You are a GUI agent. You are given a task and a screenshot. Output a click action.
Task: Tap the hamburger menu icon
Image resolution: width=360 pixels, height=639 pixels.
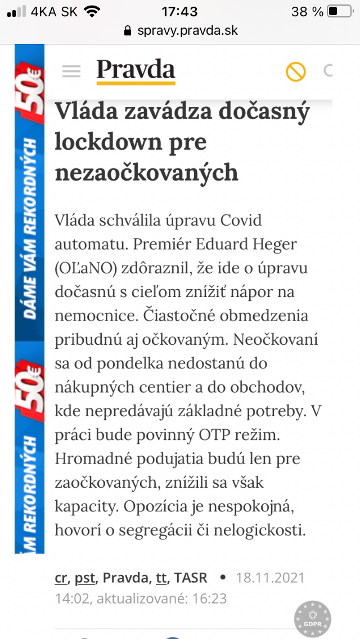pyautogui.click(x=71, y=71)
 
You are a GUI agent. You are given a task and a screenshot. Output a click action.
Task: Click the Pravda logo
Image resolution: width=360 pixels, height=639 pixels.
pyautogui.click(x=136, y=70)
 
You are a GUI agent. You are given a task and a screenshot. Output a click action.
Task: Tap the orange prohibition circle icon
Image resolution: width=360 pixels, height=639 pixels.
pyautogui.click(x=295, y=71)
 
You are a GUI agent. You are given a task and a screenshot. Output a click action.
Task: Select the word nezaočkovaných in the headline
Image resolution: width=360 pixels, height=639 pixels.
pyautogui.click(x=147, y=172)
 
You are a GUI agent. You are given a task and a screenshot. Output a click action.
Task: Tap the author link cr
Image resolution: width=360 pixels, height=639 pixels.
pyautogui.click(x=61, y=577)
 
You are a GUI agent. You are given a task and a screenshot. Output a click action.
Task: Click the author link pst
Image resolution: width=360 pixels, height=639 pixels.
pyautogui.click(x=85, y=577)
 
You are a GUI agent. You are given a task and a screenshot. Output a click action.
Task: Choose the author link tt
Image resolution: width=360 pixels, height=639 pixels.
pyautogui.click(x=161, y=577)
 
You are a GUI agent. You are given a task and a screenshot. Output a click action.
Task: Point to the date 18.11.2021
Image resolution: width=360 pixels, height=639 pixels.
pyautogui.click(x=270, y=577)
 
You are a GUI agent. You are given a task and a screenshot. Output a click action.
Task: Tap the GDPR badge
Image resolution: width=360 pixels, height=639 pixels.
pyautogui.click(x=313, y=619)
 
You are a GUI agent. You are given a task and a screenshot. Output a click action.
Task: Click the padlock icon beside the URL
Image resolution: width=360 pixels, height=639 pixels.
pyautogui.click(x=129, y=30)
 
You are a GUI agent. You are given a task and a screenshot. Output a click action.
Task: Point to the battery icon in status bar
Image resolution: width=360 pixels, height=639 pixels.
pyautogui.click(x=339, y=11)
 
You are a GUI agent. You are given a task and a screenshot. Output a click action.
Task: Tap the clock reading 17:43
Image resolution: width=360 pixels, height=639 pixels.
pyautogui.click(x=179, y=11)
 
